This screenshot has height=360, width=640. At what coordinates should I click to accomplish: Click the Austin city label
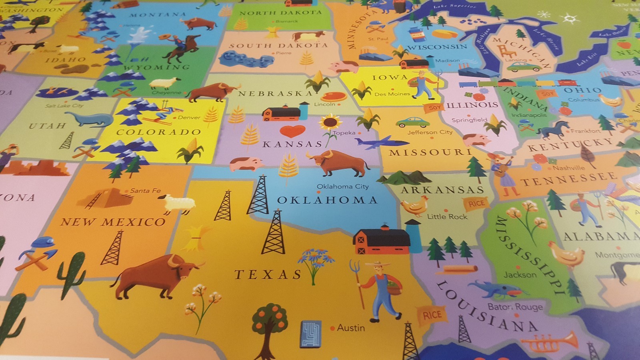coord(351,328)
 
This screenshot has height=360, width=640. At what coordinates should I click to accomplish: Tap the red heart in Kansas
coord(292,131)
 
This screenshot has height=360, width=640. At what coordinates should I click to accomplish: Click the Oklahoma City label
coord(342,186)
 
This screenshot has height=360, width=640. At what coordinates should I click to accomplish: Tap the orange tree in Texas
coord(270,320)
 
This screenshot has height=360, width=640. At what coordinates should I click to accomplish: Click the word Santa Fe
coord(145,191)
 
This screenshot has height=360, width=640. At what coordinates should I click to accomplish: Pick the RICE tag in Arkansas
coord(476,204)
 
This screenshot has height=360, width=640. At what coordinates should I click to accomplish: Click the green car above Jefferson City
coord(413,122)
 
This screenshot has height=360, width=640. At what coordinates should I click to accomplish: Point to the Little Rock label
coord(447,217)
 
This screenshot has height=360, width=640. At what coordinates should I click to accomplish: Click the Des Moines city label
coord(392,94)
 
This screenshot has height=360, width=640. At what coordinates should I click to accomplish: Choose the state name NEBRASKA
coord(275,94)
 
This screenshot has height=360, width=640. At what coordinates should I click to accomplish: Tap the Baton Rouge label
coord(515,307)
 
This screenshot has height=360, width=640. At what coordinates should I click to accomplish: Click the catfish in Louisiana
coord(494,289)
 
